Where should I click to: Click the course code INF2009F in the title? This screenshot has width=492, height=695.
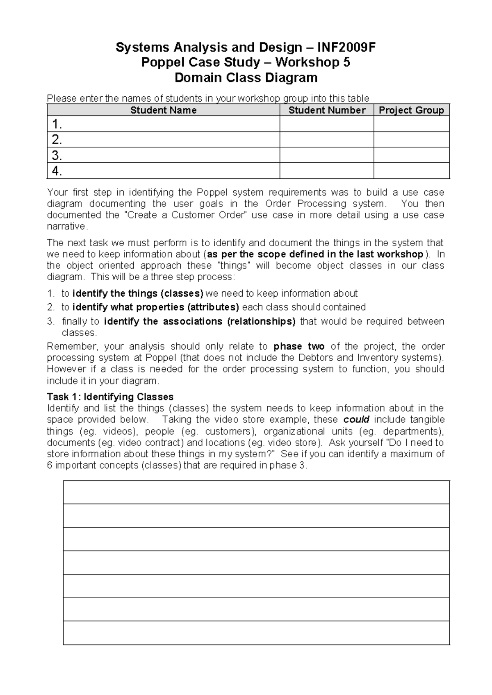point(346,48)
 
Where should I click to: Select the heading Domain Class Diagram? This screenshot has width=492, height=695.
point(246,77)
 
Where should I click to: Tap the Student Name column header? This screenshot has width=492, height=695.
point(163,110)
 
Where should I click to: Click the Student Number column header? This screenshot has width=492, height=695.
point(327,110)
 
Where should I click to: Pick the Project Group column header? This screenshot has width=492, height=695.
point(411,110)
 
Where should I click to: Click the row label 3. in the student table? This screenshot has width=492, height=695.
point(57,155)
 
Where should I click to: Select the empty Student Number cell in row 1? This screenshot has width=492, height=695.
point(327,124)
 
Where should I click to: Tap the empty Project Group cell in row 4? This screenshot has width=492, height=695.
point(411,171)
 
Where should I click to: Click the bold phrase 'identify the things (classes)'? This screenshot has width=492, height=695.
point(138,293)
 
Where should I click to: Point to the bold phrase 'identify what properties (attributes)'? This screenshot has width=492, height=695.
point(156,307)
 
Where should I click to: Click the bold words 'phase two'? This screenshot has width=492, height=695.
point(299,346)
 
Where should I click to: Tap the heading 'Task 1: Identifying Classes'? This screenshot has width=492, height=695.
point(110,397)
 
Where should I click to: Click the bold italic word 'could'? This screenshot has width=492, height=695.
point(356,420)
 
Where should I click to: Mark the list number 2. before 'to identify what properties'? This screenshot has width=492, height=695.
point(51,307)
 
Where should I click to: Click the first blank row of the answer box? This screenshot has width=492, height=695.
point(256,492)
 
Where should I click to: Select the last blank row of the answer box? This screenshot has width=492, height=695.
point(256,633)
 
